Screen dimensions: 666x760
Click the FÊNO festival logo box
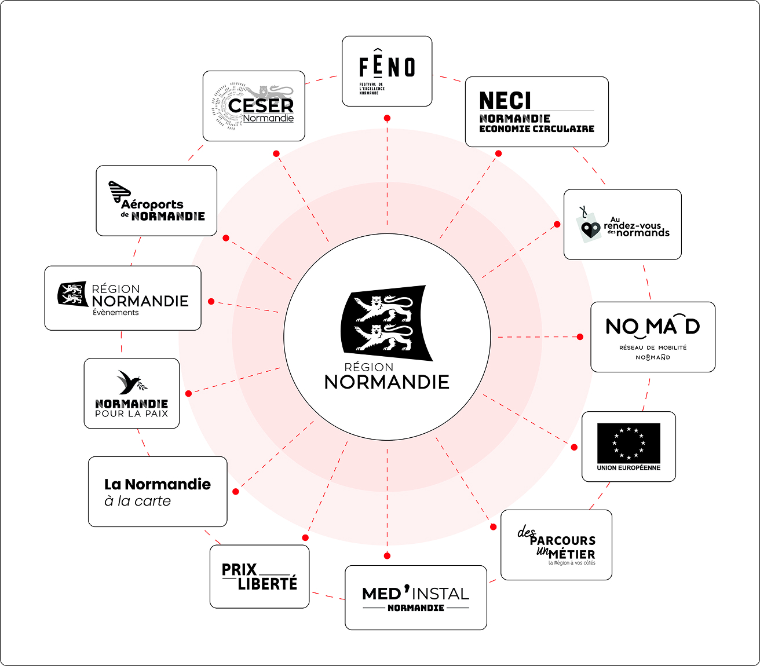(x=387, y=71)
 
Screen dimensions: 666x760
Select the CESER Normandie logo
(x=254, y=106)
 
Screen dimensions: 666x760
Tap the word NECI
(x=505, y=101)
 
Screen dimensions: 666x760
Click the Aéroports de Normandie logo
(x=156, y=201)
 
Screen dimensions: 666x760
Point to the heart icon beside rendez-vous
(x=590, y=230)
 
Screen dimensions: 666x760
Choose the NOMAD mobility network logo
(x=653, y=336)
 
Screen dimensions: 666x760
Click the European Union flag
(x=629, y=442)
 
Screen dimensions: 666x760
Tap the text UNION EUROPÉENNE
(x=629, y=468)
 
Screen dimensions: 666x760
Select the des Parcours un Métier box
(x=556, y=545)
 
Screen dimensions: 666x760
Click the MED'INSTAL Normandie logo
(x=416, y=598)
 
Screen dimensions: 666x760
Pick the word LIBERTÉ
(x=267, y=584)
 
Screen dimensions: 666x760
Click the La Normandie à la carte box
(x=158, y=492)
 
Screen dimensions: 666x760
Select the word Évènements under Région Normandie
(x=116, y=312)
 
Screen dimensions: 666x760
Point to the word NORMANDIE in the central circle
(x=387, y=382)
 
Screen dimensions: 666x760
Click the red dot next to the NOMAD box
(x=580, y=336)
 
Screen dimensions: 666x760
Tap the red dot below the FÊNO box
(x=387, y=118)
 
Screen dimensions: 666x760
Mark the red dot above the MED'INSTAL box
(x=387, y=556)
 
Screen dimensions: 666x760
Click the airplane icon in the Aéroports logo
(x=119, y=192)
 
